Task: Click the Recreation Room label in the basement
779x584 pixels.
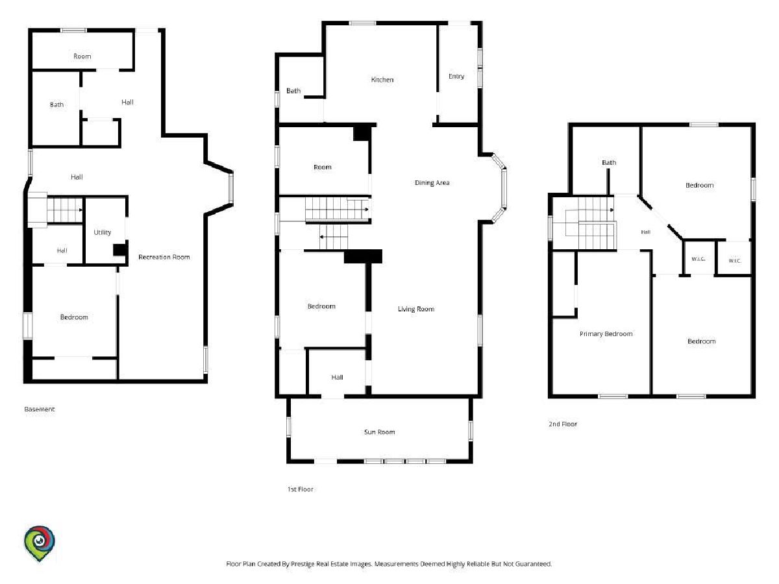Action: [164, 257]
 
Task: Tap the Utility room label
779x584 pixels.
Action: [102, 232]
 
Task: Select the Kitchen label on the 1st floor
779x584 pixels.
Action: [382, 79]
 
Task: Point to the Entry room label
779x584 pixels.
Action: [456, 76]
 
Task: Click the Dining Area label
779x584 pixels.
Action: [432, 182]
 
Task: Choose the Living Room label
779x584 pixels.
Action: [416, 309]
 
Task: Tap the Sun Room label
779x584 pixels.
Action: [379, 432]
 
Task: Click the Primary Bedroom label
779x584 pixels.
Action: [606, 334]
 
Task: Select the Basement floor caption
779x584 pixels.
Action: [40, 409]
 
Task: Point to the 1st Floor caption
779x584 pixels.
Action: [301, 489]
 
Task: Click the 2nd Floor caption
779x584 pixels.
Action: [563, 424]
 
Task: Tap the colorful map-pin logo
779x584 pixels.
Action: [40, 543]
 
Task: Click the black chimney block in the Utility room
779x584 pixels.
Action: [120, 249]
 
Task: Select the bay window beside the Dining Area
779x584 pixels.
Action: [499, 188]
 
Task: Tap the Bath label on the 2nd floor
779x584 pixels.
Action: [609, 162]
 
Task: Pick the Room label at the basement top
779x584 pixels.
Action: [82, 56]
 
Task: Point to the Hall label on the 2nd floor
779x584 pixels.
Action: [645, 232]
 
